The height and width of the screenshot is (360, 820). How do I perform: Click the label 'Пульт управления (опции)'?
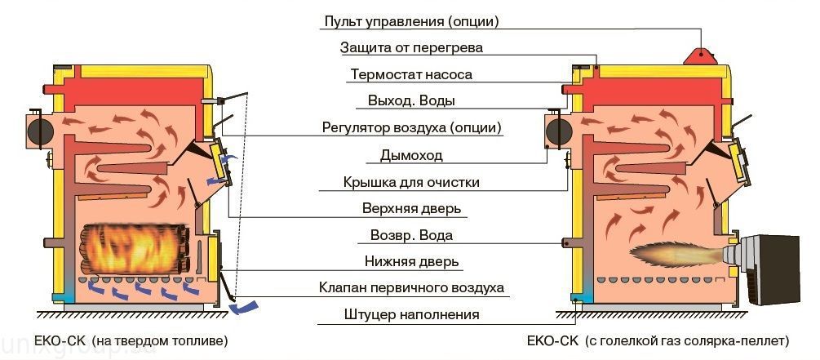click(410, 20)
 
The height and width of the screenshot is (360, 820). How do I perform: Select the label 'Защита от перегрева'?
click(411, 47)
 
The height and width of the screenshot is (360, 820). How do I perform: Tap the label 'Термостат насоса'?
click(411, 74)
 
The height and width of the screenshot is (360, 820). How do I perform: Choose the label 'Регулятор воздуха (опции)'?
click(411, 128)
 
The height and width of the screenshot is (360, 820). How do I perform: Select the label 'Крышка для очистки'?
click(411, 182)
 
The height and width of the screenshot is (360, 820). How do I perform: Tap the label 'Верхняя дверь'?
click(411, 209)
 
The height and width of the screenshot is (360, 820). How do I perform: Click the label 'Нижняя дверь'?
click(411, 263)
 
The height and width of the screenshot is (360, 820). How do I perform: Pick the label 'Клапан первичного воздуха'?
click(411, 288)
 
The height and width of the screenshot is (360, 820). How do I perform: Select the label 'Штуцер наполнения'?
click(411, 314)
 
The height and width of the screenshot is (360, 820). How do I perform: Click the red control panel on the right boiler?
click(699, 53)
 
